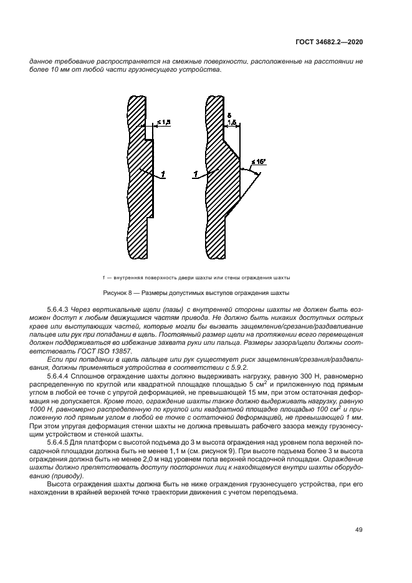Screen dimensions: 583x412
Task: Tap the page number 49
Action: click(359, 530)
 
